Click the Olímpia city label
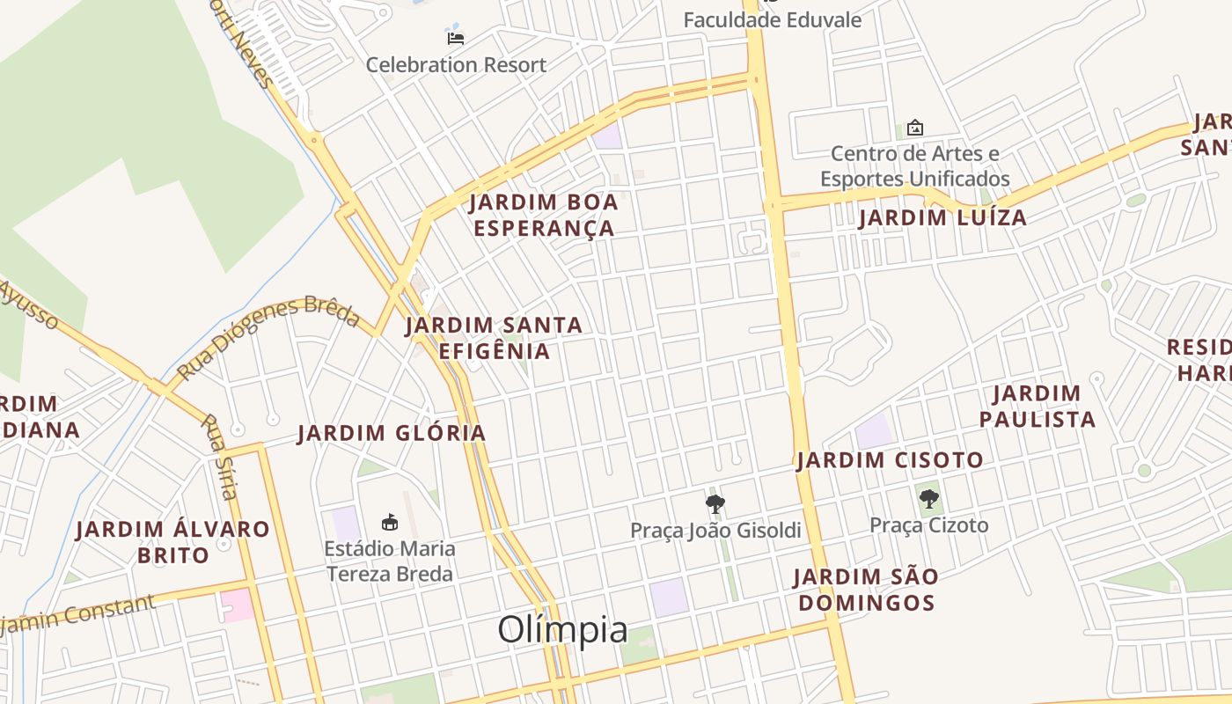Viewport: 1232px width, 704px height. tap(563, 630)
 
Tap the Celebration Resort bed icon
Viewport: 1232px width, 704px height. tap(455, 38)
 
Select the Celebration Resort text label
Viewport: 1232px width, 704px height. tap(456, 65)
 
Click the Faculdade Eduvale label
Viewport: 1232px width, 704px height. tap(773, 20)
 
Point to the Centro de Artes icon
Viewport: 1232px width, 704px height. tap(915, 128)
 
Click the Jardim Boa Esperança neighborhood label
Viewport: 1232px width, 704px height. tap(544, 216)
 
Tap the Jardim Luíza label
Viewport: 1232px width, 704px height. tap(943, 218)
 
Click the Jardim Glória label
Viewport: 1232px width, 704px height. tap(392, 433)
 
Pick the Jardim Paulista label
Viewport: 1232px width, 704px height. tap(1038, 407)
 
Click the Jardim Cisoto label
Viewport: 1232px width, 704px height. tap(890, 460)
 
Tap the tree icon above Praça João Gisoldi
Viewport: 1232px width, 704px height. tap(715, 504)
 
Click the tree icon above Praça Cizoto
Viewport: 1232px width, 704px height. tap(928, 500)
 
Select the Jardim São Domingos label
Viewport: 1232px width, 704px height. tap(865, 590)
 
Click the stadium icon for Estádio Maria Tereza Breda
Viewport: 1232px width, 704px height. tap(389, 522)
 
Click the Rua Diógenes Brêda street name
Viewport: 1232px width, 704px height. tap(268, 338)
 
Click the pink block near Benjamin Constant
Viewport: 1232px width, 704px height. tap(238, 606)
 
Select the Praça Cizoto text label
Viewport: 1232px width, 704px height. tap(929, 526)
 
